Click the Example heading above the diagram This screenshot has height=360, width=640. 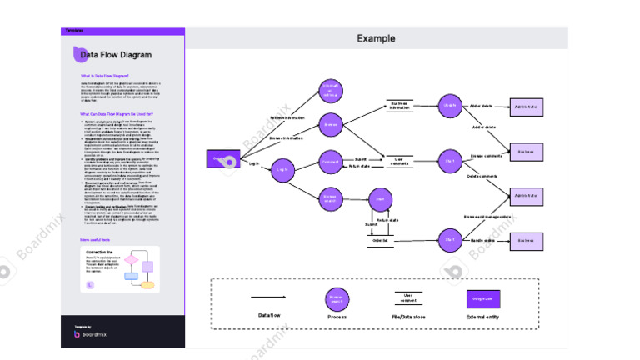[376, 38]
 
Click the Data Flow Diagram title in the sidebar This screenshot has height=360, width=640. [116, 55]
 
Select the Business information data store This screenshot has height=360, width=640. [400, 106]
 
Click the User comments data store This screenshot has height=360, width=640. [399, 161]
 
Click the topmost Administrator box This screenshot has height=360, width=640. [526, 107]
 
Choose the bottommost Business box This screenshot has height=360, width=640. [526, 240]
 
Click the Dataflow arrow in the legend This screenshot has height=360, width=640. [268, 297]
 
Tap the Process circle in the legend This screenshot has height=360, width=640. [337, 297]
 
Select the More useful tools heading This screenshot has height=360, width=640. [97, 240]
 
